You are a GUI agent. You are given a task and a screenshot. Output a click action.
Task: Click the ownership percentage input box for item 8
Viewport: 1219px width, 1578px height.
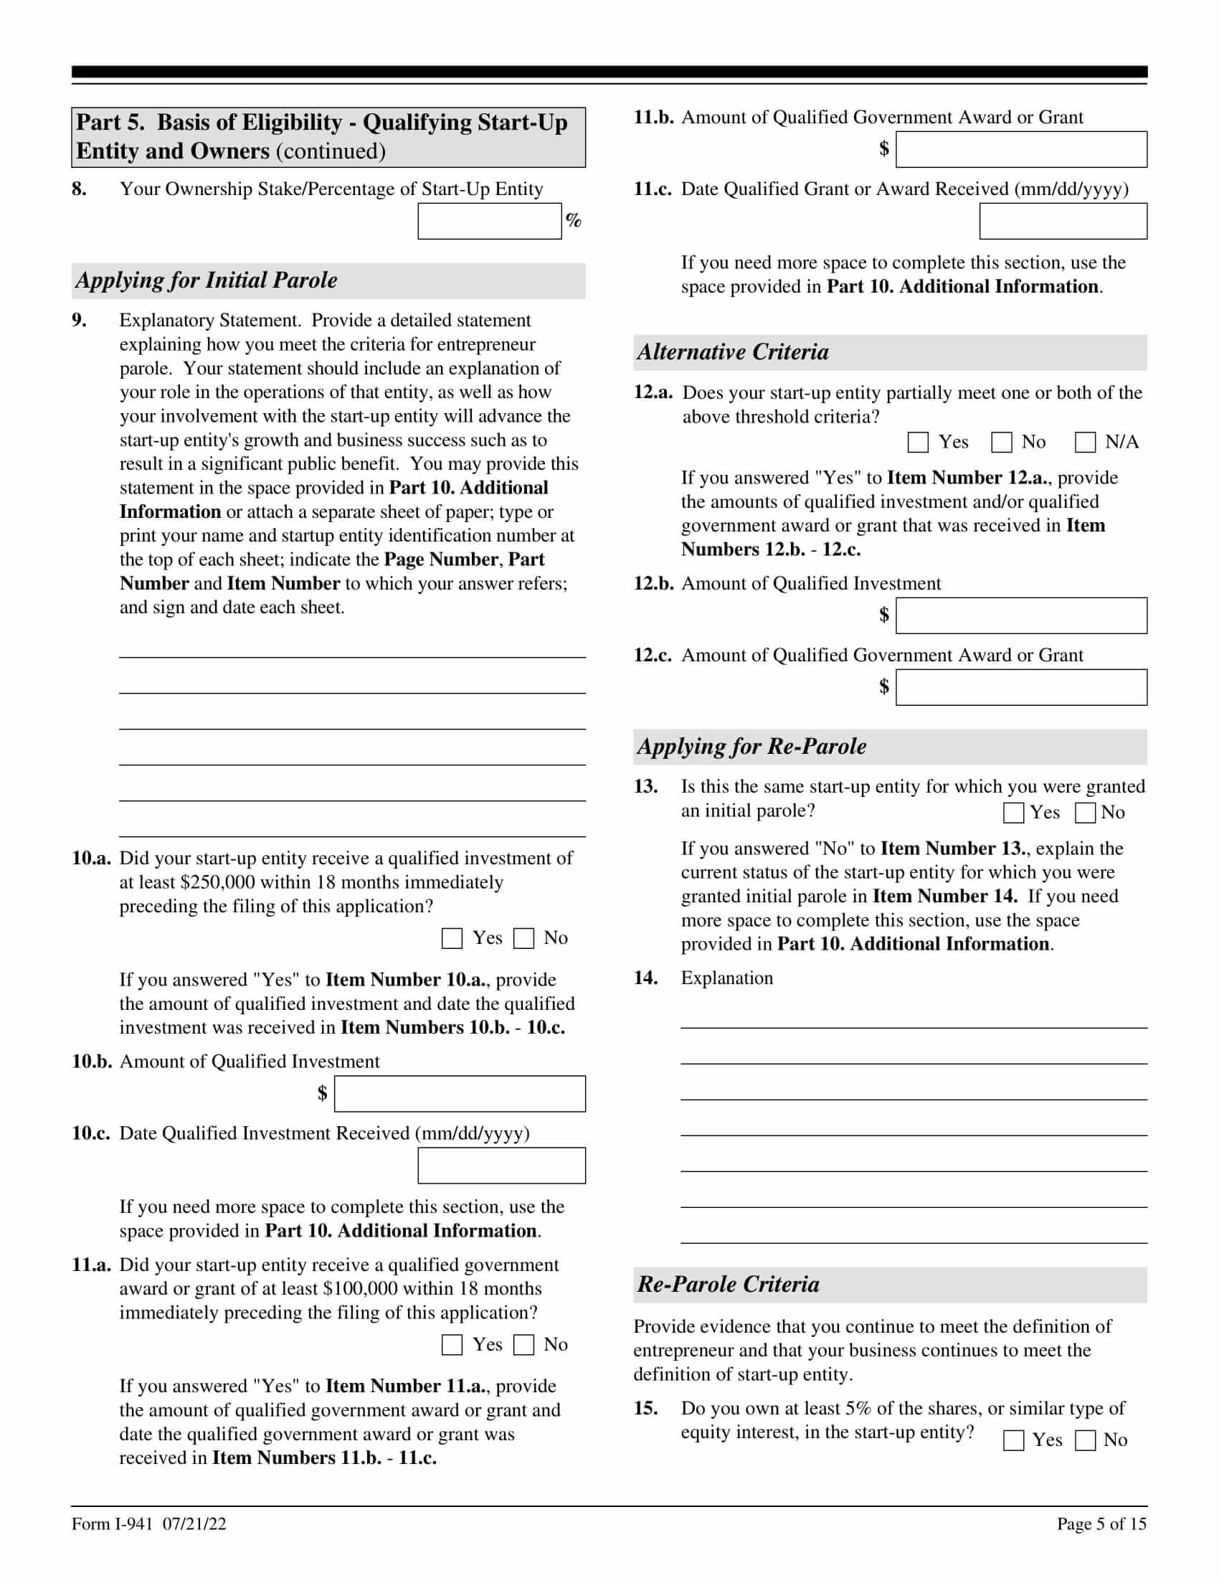click(x=489, y=221)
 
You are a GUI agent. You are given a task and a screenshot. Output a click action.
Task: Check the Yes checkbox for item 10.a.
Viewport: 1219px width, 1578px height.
click(x=452, y=939)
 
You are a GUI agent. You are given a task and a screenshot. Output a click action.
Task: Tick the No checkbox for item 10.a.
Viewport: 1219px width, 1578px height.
click(x=523, y=939)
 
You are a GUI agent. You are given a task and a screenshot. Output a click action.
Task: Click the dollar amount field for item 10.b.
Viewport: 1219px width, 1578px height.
click(x=460, y=1094)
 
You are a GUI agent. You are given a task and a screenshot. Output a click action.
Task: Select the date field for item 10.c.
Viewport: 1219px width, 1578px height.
click(x=501, y=1166)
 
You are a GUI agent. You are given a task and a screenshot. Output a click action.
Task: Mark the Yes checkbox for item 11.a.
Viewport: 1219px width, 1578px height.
click(x=452, y=1345)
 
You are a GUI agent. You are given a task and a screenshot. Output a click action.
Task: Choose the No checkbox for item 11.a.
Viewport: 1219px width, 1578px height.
click(x=523, y=1345)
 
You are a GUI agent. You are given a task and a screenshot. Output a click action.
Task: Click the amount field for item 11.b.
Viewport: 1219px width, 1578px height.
click(x=1021, y=150)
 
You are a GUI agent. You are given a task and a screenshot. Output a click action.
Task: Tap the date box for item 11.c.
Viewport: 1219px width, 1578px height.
click(x=1063, y=221)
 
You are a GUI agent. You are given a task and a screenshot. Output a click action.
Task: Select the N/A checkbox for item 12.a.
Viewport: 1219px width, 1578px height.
click(x=1086, y=442)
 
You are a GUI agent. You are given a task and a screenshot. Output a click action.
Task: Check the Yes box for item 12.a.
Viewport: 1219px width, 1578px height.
click(x=918, y=442)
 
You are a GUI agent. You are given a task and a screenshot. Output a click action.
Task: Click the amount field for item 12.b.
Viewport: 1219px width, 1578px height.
click(x=1021, y=615)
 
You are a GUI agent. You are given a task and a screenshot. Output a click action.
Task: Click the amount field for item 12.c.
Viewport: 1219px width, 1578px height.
click(x=1021, y=687)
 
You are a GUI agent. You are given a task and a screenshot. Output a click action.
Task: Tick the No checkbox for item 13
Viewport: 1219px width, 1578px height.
click(x=1086, y=813)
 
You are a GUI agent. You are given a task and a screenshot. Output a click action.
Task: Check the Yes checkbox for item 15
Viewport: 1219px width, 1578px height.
click(x=1014, y=1440)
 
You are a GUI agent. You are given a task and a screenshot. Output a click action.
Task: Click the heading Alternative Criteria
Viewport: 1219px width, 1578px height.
click(x=733, y=353)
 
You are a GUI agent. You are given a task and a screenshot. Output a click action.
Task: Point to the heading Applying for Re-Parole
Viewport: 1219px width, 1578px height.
click(x=751, y=747)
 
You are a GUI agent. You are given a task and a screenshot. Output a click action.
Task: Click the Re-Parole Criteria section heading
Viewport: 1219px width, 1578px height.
click(x=728, y=1285)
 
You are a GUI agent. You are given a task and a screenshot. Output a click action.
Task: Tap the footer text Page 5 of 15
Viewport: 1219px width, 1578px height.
click(x=1101, y=1523)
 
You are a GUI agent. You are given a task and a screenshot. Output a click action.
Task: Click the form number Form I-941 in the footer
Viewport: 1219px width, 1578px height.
click(x=112, y=1523)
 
